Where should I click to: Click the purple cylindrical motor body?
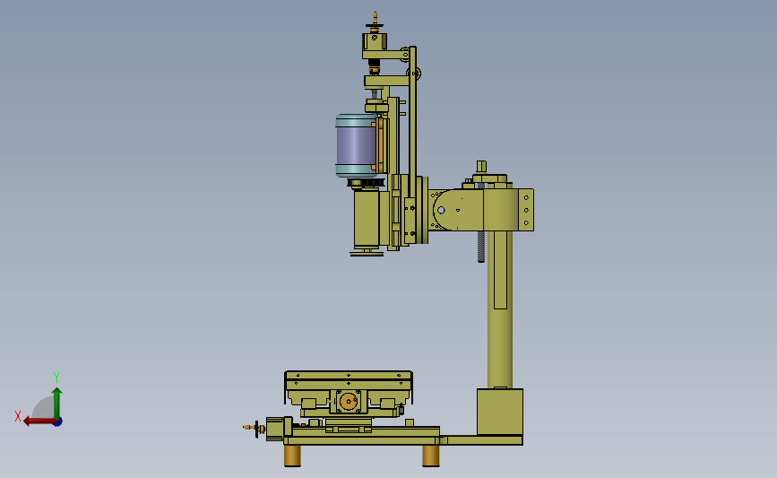pyautogui.click(x=355, y=145)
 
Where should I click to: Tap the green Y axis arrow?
pyautogui.click(x=57, y=404)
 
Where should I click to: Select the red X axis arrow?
pyautogui.click(x=39, y=422)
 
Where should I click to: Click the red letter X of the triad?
pyautogui.click(x=18, y=416)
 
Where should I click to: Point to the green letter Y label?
pyautogui.click(x=56, y=378)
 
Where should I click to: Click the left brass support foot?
pyautogui.click(x=292, y=456)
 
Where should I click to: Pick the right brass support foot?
pyautogui.click(x=430, y=456)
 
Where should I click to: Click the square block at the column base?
pyautogui.click(x=500, y=412)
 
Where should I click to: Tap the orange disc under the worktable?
pyautogui.click(x=350, y=401)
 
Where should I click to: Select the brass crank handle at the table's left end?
pyautogui.click(x=255, y=428)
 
